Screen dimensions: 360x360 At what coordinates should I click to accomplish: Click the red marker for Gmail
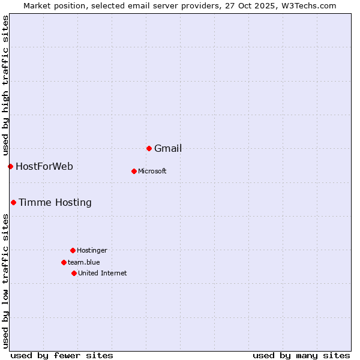pyautogui.click(x=149, y=148)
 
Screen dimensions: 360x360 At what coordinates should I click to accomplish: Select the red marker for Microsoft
pyautogui.click(x=134, y=171)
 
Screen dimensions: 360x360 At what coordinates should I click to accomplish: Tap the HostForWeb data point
pyautogui.click(x=10, y=166)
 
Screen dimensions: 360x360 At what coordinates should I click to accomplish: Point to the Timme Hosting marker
pyautogui.click(x=13, y=202)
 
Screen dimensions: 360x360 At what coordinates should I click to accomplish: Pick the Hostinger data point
pyautogui.click(x=73, y=250)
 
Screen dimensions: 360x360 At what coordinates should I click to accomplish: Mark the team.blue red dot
pyautogui.click(x=64, y=262)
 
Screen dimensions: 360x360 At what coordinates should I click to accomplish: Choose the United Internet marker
pyautogui.click(x=74, y=273)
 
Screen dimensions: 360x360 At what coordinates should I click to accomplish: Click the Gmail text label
pyautogui.click(x=168, y=149)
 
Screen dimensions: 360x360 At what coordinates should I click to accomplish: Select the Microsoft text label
pyautogui.click(x=152, y=172)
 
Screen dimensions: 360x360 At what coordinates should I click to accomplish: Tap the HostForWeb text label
pyautogui.click(x=44, y=167)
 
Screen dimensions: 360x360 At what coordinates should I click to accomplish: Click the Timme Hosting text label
pyautogui.click(x=55, y=203)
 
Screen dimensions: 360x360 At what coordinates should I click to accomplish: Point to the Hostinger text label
pyautogui.click(x=92, y=251)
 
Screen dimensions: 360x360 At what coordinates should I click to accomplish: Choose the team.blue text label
pyautogui.click(x=84, y=263)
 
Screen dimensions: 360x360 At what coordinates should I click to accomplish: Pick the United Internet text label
pyautogui.click(x=103, y=274)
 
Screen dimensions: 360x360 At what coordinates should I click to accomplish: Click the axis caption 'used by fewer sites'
pyautogui.click(x=62, y=356)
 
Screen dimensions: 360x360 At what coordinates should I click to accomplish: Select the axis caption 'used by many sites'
pyautogui.click(x=301, y=356)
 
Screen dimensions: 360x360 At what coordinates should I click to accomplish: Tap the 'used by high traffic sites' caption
pyautogui.click(x=5, y=85)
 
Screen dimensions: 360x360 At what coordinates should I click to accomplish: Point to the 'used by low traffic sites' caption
pyautogui.click(x=5, y=280)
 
